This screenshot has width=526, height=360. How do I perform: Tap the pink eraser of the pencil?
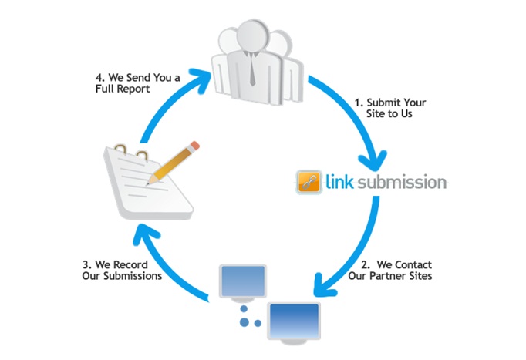(x=195, y=144)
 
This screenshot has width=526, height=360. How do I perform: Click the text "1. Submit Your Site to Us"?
(x=389, y=107)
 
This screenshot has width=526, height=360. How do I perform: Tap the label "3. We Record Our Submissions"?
(x=121, y=271)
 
